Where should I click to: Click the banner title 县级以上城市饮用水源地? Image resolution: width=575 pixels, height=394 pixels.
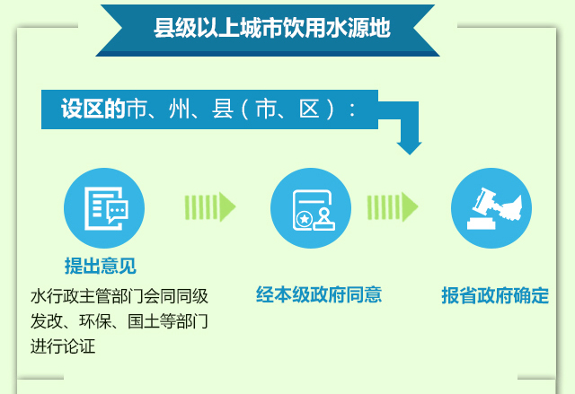(x=271, y=28)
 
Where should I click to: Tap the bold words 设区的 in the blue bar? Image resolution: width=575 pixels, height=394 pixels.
(x=93, y=109)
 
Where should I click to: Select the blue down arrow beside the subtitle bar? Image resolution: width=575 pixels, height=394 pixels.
(x=409, y=128)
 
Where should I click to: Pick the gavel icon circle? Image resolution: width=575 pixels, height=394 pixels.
(x=491, y=208)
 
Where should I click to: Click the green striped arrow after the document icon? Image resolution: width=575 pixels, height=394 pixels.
(x=209, y=207)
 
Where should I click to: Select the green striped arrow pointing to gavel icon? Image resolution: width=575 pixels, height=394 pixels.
(x=393, y=207)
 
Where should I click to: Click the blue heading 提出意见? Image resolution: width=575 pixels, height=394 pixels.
(x=101, y=266)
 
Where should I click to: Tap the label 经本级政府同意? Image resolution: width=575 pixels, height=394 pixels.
(x=319, y=294)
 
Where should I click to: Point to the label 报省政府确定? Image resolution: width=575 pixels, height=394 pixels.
(x=495, y=295)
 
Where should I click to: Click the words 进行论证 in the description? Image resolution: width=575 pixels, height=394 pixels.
(x=63, y=346)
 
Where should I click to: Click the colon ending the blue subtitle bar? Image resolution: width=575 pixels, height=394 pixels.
(x=352, y=109)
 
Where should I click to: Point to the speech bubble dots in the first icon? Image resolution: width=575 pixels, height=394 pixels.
(x=118, y=210)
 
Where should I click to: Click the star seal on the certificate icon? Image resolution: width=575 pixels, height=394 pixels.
(x=305, y=219)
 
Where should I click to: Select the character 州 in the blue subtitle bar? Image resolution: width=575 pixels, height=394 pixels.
(x=180, y=109)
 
